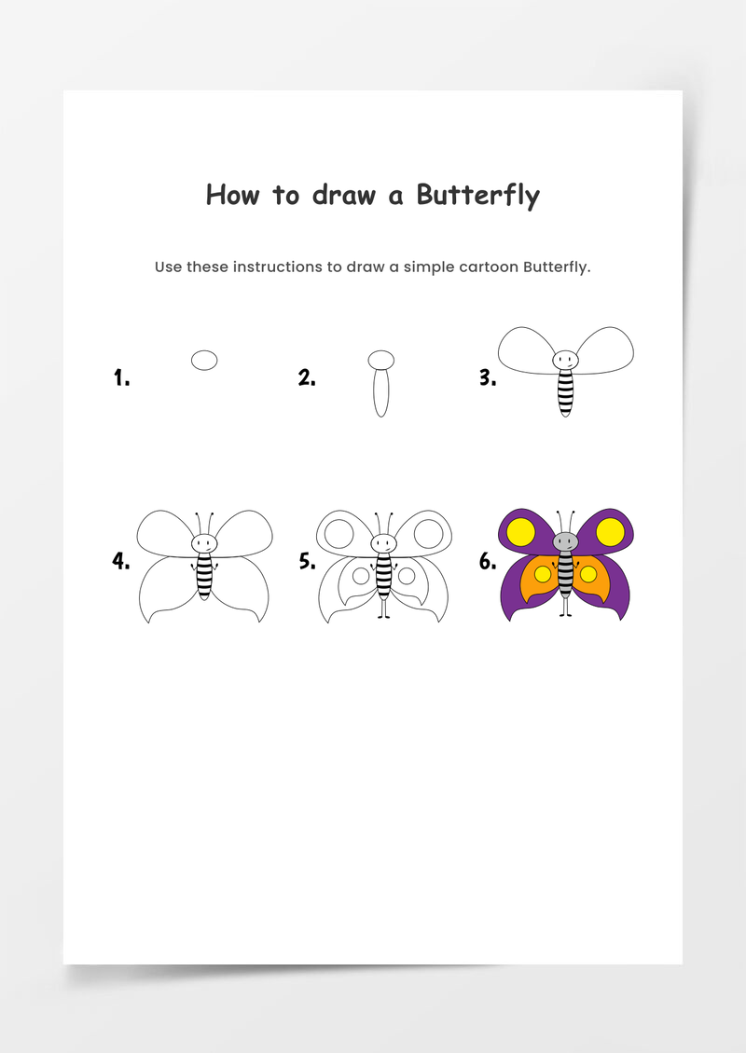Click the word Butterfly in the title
tap(477, 196)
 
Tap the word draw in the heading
tap(343, 195)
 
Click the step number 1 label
tap(121, 378)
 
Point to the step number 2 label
tap(307, 378)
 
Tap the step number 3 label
tap(488, 378)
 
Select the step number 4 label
tap(121, 561)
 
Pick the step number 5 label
tap(307, 561)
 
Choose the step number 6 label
tap(488, 561)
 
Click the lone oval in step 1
tap(204, 360)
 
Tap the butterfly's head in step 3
tap(565, 360)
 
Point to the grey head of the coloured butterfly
tap(565, 541)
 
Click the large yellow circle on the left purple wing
tap(521, 532)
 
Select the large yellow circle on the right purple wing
tap(610, 532)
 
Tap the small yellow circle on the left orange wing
tap(543, 574)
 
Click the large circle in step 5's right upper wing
tap(428, 534)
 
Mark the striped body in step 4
tap(204, 576)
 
